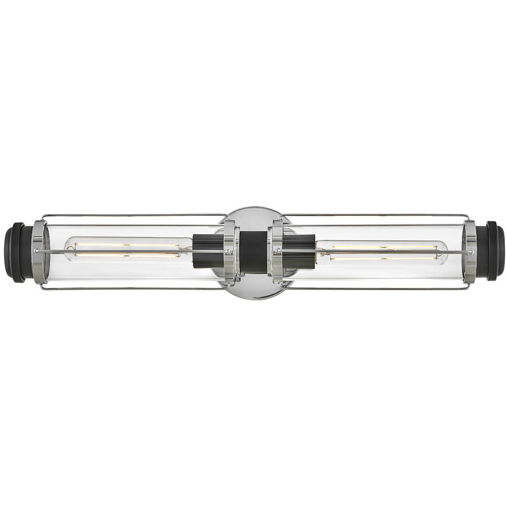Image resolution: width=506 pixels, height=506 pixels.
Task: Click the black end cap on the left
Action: coord(16,252)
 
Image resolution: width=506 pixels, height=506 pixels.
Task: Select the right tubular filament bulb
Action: coord(382,252)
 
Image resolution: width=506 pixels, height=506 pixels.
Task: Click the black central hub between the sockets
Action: coord(253,252)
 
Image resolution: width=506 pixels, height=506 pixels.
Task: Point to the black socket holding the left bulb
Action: coord(207,251)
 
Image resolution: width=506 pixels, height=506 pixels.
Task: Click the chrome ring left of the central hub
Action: coord(229,252)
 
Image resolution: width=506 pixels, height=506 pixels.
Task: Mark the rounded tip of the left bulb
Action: coord(67,250)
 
